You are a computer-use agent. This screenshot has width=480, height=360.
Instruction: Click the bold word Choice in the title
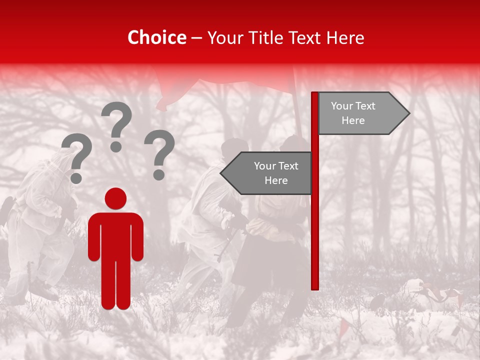click(x=156, y=37)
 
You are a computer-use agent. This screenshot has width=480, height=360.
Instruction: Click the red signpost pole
click(x=315, y=225)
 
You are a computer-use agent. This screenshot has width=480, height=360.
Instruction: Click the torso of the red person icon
click(x=115, y=235)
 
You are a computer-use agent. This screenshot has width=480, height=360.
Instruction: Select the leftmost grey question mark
click(x=76, y=155)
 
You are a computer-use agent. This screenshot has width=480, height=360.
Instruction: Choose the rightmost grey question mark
click(x=159, y=150)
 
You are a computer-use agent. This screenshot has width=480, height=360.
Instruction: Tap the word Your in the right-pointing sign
click(x=342, y=106)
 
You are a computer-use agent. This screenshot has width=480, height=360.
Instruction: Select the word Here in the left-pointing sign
click(x=276, y=180)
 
